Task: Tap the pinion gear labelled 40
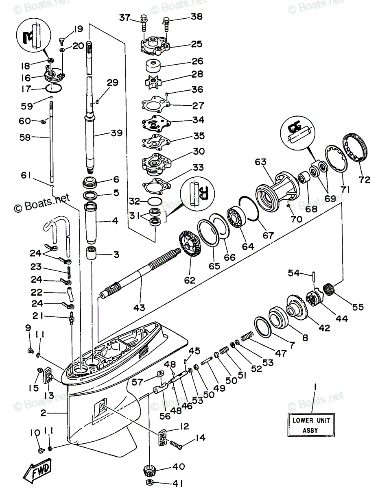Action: click(x=150, y=473)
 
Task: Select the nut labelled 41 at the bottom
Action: click(x=150, y=484)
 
